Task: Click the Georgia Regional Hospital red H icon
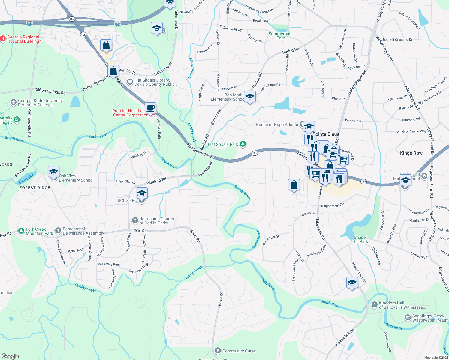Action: pos(3,38)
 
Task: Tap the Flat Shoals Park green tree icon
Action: pos(243,144)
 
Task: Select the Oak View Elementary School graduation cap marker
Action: pos(53,172)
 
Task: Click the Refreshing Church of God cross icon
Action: pos(135,221)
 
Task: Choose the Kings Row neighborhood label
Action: pos(411,153)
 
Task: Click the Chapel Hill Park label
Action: pos(360,239)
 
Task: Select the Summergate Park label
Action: pos(280,36)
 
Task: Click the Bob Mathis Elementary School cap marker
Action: pos(250,97)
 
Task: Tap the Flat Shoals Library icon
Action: pos(130,81)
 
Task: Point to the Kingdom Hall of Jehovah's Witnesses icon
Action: pos(374,305)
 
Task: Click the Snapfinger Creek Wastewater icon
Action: pos(408,317)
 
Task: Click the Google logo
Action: pos(10,356)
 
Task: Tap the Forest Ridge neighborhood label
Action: pos(35,188)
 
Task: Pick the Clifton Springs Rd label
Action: pos(50,91)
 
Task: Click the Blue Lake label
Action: pos(26,179)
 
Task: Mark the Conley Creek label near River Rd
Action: pos(193,273)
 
